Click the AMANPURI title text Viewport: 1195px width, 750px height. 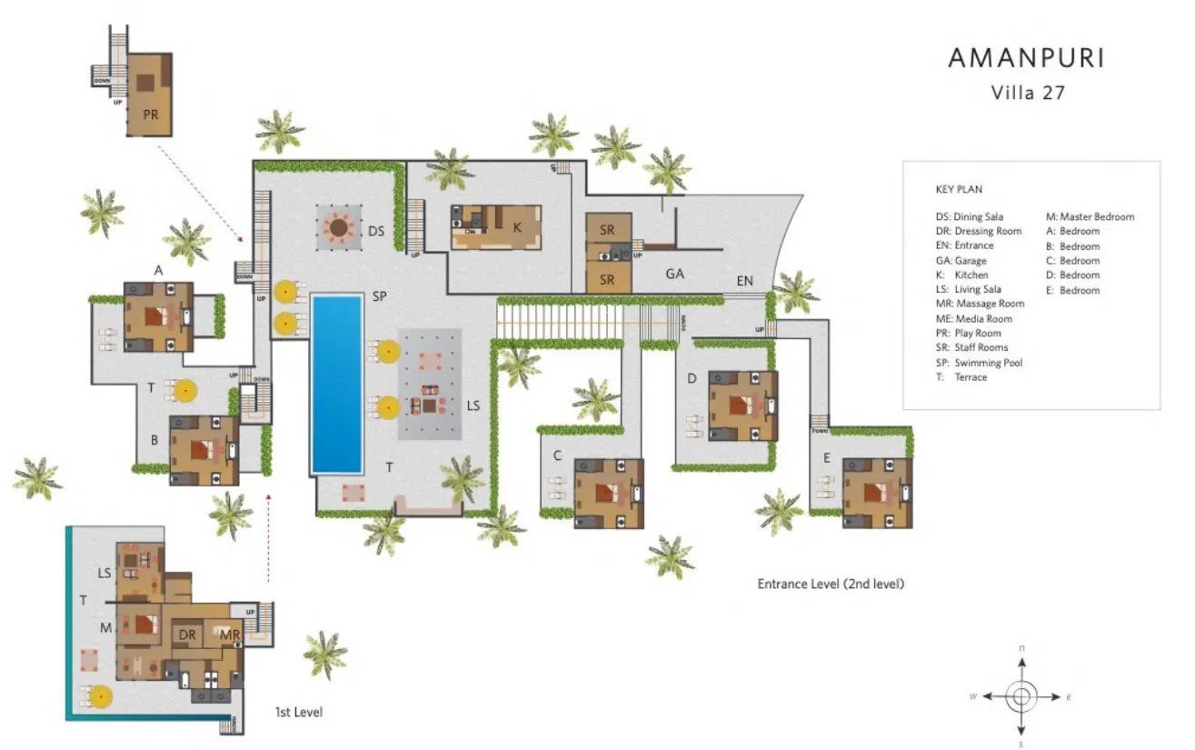[x=1027, y=59]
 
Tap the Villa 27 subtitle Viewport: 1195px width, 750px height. [x=1027, y=92]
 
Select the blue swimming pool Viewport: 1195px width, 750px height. [x=337, y=383]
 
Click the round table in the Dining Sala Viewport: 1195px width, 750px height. [x=340, y=227]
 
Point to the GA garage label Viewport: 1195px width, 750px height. [x=674, y=273]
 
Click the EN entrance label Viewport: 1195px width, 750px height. [x=745, y=282]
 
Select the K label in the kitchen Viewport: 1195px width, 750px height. [x=517, y=228]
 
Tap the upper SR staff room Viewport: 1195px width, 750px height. [x=607, y=231]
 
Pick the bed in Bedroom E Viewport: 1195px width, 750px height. [x=877, y=494]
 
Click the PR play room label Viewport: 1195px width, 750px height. [x=150, y=115]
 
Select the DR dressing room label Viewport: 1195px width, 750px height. [x=188, y=635]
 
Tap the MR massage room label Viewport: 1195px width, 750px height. [x=229, y=635]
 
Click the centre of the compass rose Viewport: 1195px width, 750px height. [x=1021, y=697]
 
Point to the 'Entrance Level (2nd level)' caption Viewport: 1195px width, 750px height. [x=831, y=584]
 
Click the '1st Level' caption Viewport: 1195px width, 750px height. [x=299, y=712]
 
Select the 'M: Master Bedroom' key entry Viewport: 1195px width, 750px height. [x=1090, y=216]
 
